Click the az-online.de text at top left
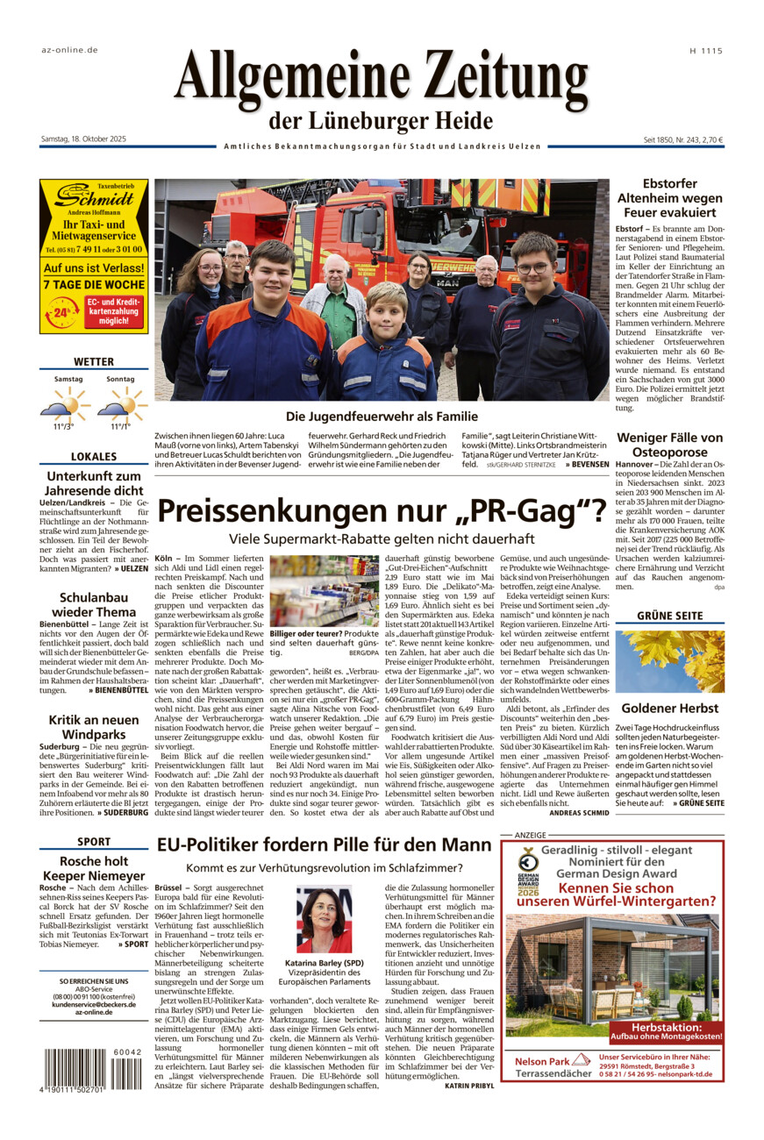click(x=70, y=52)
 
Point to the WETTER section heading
click(x=94, y=361)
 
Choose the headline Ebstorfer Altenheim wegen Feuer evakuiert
click(x=669, y=198)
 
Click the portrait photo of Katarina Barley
click(x=324, y=919)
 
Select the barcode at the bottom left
click(x=92, y=1068)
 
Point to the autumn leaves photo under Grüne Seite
click(x=669, y=661)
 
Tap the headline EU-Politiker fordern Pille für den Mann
click(x=324, y=845)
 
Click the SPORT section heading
click(x=94, y=842)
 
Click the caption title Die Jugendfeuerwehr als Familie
click(x=382, y=417)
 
